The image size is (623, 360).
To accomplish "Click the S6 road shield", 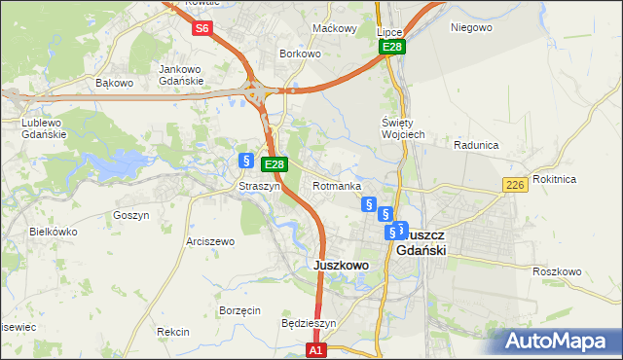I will pos(202,28).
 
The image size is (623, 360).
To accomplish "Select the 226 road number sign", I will pos(516,185).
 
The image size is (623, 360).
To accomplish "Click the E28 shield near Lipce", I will pos(392,47).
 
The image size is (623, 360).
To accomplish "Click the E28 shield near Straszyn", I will pos(275,165).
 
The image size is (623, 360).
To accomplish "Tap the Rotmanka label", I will pos(337,186).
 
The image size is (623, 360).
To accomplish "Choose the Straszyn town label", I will pos(260,186).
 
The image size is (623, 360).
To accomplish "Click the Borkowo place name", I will pos(300,54).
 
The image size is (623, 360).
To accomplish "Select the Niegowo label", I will pos(471,27).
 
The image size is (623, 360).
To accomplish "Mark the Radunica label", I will pos(476,145).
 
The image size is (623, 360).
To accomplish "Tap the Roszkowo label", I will pos(558,271).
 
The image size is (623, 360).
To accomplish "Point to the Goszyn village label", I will pos(130,215).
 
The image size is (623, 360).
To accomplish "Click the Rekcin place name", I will pos(172,332).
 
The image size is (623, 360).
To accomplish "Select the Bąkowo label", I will pos(114,83).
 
